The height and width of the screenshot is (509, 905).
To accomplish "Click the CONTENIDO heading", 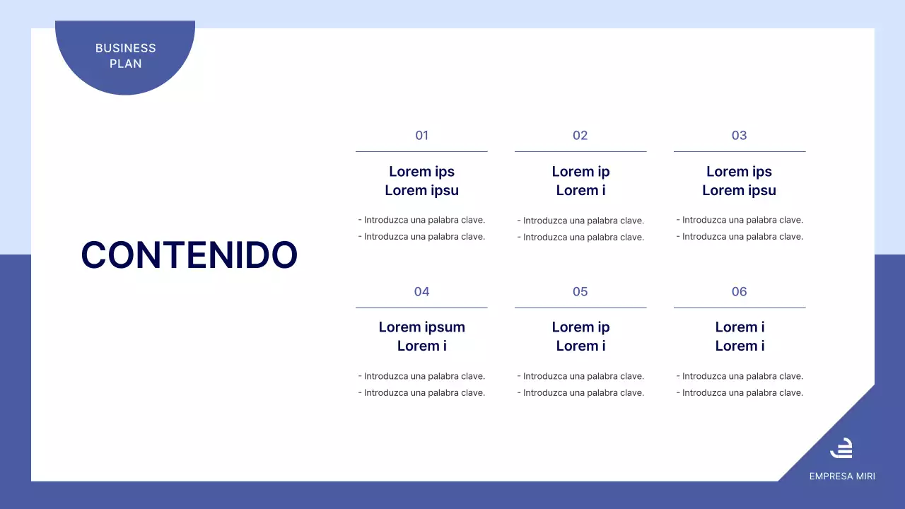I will point(189,255).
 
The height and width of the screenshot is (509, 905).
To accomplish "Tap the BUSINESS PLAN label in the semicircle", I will point(125,56).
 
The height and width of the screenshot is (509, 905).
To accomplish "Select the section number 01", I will point(421,136).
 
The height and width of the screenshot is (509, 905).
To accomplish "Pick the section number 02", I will point(580,136).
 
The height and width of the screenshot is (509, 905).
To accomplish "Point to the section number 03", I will point(739,136).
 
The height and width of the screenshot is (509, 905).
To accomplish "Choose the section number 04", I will point(421,292).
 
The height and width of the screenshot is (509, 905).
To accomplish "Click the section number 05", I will point(580,292).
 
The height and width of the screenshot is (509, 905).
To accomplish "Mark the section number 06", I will point(739,292).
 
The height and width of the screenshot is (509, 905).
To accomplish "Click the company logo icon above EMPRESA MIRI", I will point(841,448).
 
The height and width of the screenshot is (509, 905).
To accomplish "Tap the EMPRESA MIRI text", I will point(842,476).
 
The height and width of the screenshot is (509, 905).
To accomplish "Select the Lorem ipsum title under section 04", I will point(421,337).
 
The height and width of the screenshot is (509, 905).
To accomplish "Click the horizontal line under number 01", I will point(421,151).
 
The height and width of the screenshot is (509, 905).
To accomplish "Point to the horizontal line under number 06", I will point(739,308).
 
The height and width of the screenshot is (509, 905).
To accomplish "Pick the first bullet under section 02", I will point(580,221).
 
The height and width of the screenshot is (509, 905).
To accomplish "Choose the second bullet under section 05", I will point(580,393).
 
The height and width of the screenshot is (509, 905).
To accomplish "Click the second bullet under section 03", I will point(740,237).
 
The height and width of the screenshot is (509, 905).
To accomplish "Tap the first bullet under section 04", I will point(421,377).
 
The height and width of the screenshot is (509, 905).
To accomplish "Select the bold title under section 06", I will point(740,337).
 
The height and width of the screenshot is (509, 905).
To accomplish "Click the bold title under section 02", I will point(580,181).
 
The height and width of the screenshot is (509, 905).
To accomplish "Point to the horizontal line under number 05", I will point(580,308).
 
